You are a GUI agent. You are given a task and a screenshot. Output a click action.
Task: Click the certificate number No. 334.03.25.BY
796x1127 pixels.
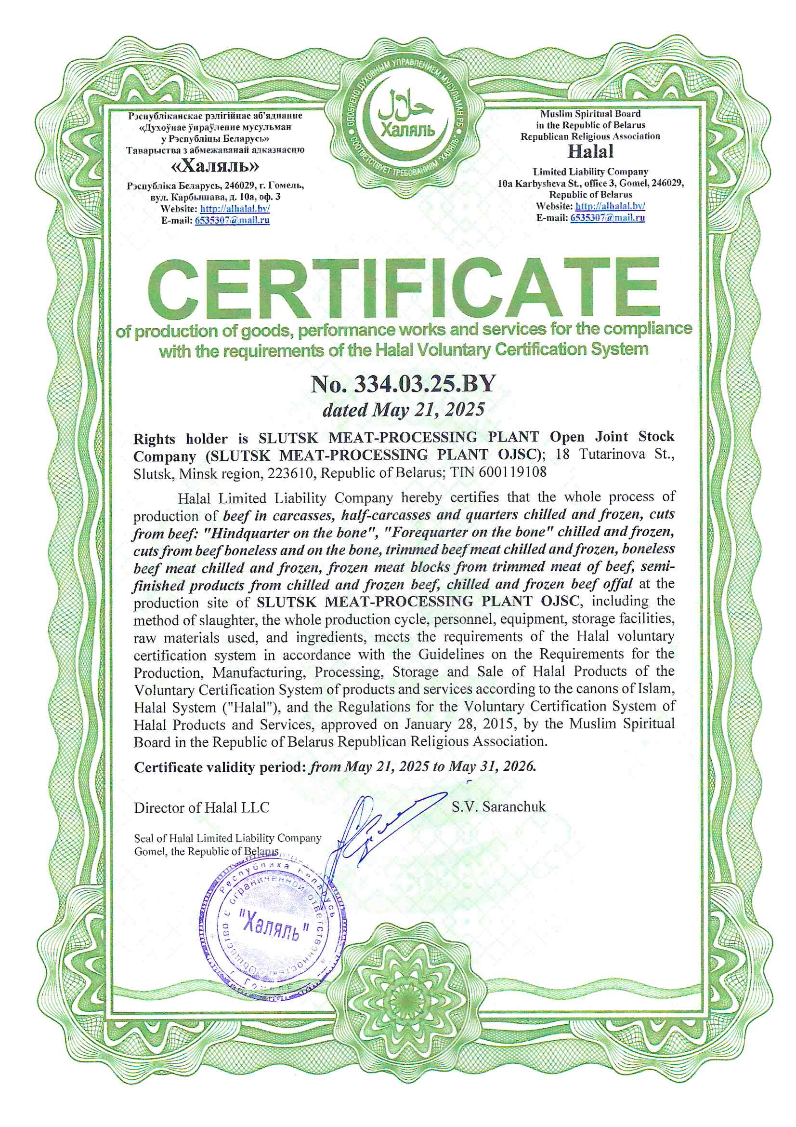pos(403,384)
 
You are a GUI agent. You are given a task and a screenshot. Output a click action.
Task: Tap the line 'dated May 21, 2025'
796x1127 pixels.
pos(403,409)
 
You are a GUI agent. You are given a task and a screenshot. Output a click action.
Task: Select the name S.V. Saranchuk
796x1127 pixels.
pos(498,806)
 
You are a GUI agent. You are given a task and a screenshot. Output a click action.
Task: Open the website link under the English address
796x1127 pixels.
pos(610,206)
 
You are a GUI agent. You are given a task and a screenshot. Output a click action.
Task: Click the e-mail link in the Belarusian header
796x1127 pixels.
pos(232,220)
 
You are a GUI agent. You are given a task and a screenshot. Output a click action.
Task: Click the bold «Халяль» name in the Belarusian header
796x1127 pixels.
pos(215,167)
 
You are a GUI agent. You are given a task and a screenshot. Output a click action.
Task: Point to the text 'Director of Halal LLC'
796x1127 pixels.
pos(202,807)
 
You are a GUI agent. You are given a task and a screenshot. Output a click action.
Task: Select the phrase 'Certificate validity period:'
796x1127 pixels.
pos(220,767)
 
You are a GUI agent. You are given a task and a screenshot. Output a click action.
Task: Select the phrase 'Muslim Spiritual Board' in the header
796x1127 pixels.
pos(590,114)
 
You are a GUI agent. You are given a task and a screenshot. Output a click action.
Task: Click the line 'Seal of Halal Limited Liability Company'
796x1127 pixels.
pos(228,838)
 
